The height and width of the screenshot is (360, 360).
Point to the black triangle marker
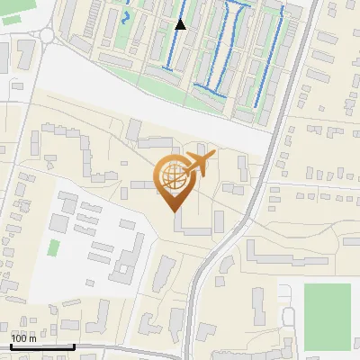tap(181, 24)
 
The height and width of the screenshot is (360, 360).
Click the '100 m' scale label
tap(24, 338)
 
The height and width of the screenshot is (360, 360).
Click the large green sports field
tap(327, 317)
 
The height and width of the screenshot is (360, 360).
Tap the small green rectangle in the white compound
tap(54, 247)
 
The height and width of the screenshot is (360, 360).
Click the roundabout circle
tap(46, 36)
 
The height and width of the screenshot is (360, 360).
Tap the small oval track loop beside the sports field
tap(289, 317)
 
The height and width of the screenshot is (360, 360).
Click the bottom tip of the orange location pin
tap(172, 211)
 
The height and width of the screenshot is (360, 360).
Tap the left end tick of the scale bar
tap(12, 345)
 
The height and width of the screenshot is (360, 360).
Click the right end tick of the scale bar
tap(74, 345)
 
